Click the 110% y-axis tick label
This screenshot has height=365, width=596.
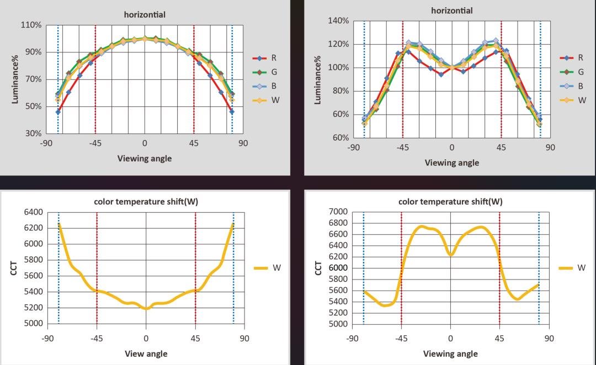(x=31, y=25)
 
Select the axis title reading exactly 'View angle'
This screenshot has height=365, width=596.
(x=146, y=353)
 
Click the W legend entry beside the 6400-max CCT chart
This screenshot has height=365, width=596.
(x=276, y=268)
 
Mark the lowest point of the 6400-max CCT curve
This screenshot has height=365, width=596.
(x=146, y=309)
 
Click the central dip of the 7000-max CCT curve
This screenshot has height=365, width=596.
(x=450, y=255)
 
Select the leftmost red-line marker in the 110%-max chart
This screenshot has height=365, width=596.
(x=58, y=112)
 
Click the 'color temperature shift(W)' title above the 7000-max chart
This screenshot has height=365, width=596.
(x=450, y=202)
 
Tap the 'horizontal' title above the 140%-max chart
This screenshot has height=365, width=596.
(x=451, y=10)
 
